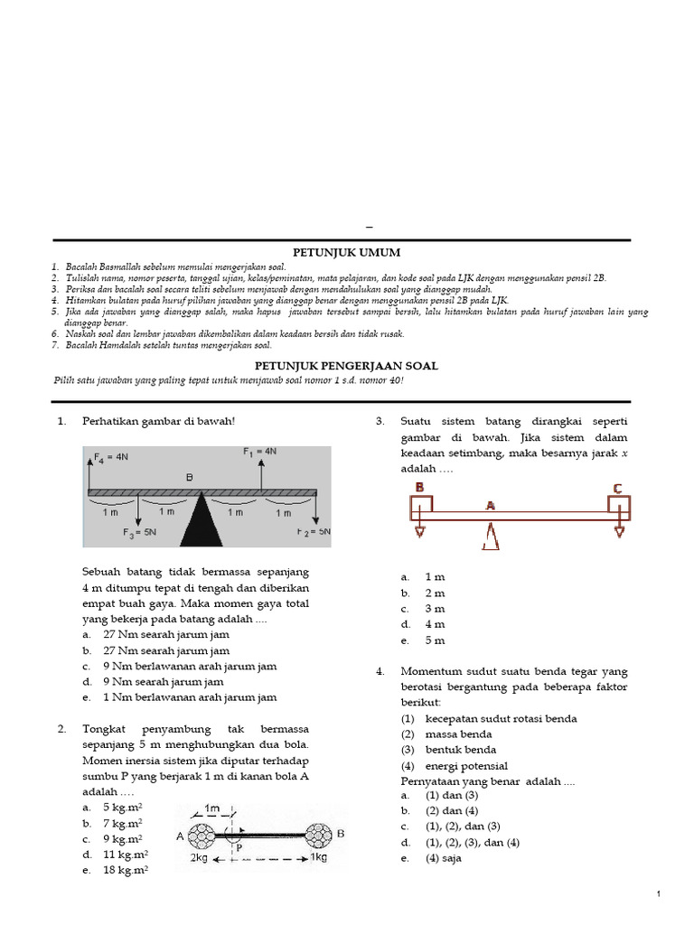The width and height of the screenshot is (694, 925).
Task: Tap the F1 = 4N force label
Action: click(259, 450)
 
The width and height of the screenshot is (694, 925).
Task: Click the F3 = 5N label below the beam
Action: click(142, 533)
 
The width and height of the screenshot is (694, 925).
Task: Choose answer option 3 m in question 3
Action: click(435, 609)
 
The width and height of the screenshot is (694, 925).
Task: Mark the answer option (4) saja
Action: click(443, 858)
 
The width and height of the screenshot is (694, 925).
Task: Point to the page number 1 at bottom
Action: click(659, 893)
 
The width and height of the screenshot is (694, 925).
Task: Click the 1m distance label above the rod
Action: click(213, 807)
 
